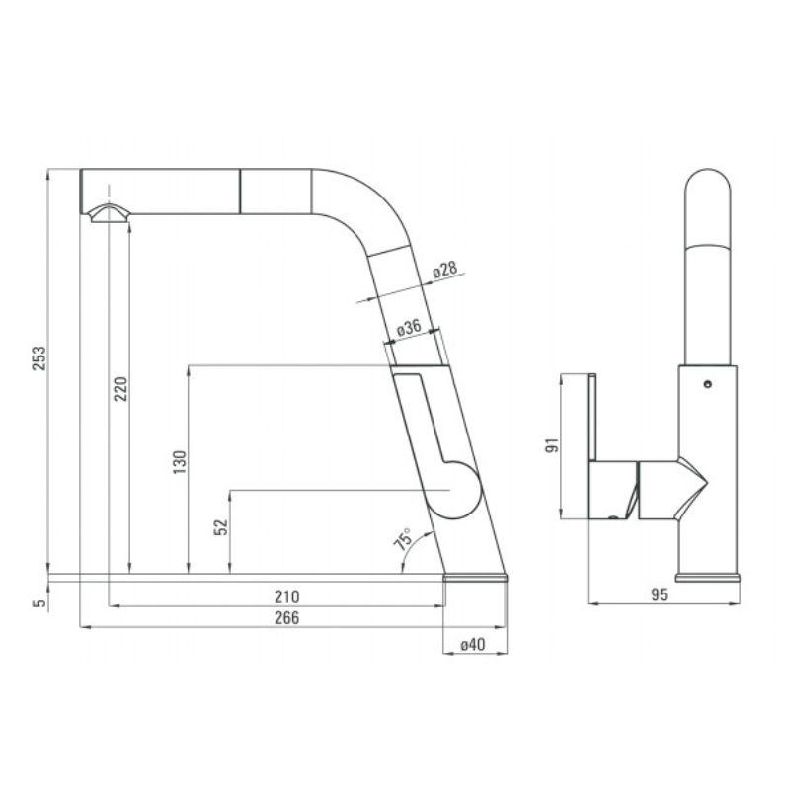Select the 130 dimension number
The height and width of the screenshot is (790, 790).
(179, 462)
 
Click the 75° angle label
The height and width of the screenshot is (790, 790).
(403, 540)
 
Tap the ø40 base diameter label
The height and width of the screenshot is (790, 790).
(474, 644)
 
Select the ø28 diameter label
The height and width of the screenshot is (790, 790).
(443, 270)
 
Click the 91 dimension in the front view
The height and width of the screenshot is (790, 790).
(552, 445)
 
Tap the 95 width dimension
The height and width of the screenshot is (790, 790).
(661, 594)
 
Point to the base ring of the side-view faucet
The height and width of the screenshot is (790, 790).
(476, 578)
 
